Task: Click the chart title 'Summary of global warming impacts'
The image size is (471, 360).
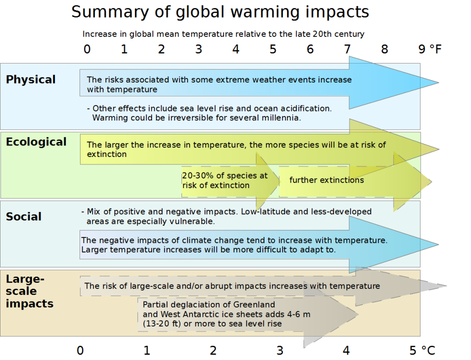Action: point(220,12)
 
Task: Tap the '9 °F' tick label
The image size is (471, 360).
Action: point(429,49)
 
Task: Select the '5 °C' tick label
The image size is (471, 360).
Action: point(422,350)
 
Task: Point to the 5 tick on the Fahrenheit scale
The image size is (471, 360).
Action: point(272,49)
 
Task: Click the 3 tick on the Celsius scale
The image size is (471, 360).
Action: point(279,350)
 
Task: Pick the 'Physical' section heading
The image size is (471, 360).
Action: point(30,79)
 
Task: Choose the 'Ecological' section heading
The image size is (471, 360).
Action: point(36,142)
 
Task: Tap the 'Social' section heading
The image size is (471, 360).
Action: point(23,216)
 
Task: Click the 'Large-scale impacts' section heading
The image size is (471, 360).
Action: point(29,291)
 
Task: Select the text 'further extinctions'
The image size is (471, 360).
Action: point(326,180)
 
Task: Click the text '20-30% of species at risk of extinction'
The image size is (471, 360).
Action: point(224,180)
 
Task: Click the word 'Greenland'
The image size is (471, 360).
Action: point(254,304)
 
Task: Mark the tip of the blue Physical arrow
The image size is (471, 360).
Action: point(438,82)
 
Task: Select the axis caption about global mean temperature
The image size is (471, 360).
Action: point(223,34)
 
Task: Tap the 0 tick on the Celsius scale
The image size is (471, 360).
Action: point(80,350)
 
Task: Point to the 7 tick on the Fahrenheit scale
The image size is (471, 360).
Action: point(347,49)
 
